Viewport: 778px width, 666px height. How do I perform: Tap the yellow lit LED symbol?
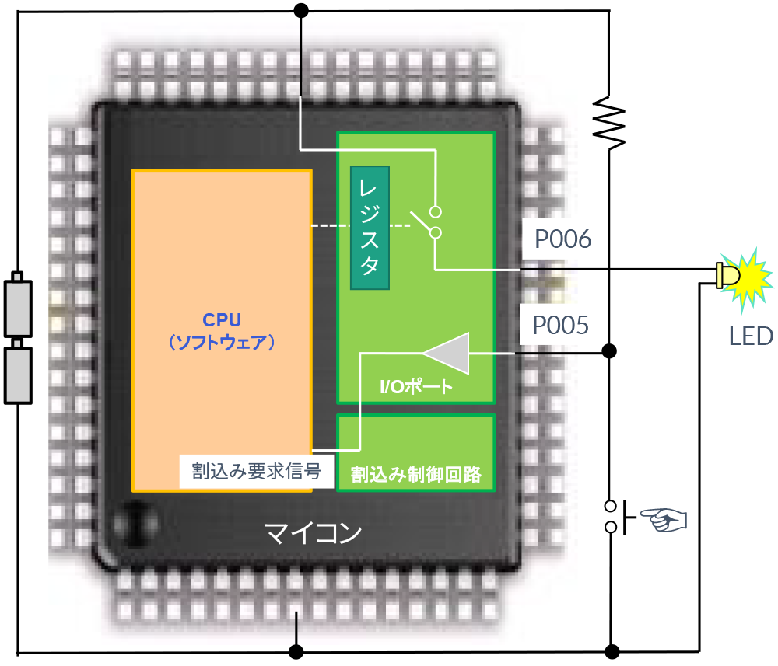click(x=744, y=274)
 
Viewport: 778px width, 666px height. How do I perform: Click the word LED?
click(x=751, y=336)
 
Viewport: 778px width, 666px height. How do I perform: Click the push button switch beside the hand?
click(x=612, y=517)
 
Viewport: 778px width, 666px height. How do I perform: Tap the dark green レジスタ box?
click(x=370, y=227)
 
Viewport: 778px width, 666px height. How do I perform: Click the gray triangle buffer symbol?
click(x=450, y=353)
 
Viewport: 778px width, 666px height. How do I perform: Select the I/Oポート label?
click(x=416, y=386)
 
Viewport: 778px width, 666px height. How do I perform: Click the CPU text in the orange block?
click(x=222, y=320)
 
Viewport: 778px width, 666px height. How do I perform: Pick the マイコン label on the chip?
click(x=313, y=534)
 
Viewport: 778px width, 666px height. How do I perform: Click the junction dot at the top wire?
click(x=300, y=10)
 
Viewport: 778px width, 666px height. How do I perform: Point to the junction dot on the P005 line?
click(x=610, y=352)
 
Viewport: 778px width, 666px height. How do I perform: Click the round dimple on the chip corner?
click(x=134, y=521)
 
